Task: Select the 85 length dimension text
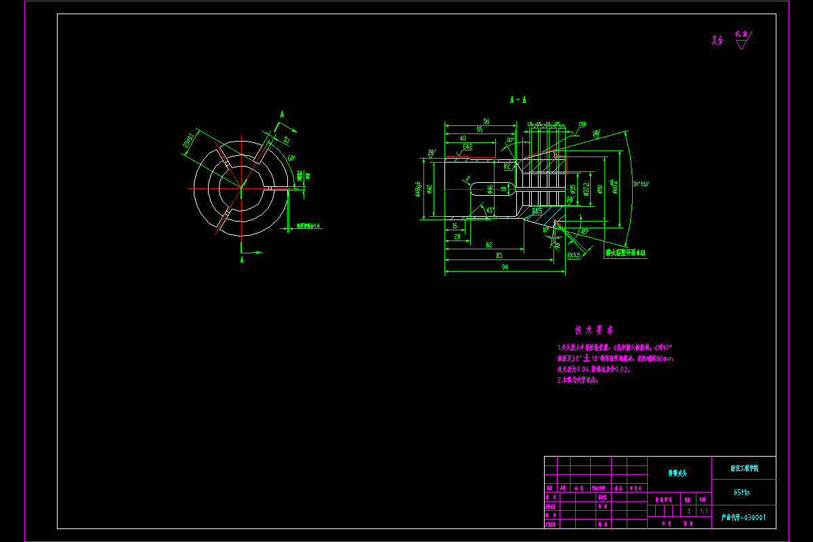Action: click(x=499, y=255)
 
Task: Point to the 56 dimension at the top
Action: click(x=486, y=121)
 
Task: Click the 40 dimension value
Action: click(x=463, y=138)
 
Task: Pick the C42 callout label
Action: click(x=467, y=146)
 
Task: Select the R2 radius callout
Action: click(x=507, y=165)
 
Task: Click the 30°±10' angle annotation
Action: click(x=640, y=184)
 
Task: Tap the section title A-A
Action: click(x=518, y=100)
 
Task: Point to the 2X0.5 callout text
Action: click(x=573, y=255)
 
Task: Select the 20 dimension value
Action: click(x=457, y=236)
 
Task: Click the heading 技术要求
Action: click(x=594, y=331)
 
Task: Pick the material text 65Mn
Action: click(x=743, y=493)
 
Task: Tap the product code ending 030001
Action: click(x=743, y=518)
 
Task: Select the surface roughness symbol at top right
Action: click(x=743, y=39)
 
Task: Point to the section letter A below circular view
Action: click(x=242, y=259)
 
